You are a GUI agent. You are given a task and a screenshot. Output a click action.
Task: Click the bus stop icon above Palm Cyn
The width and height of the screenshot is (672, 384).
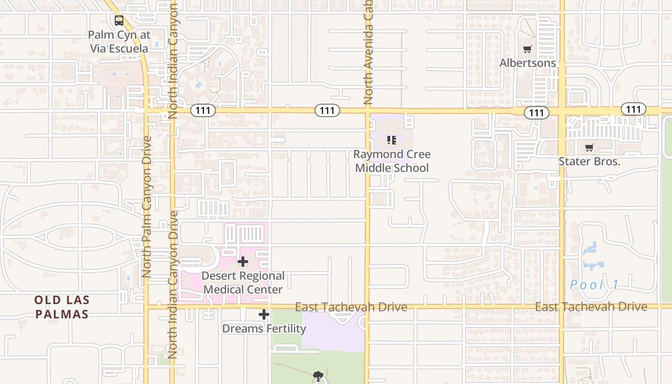point(119,21)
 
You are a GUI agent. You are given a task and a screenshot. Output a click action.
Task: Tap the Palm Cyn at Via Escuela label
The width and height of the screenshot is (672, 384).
point(119,42)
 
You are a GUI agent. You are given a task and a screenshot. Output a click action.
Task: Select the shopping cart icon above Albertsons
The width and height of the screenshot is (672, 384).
point(528,49)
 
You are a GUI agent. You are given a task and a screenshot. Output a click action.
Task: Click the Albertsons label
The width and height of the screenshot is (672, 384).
point(528,63)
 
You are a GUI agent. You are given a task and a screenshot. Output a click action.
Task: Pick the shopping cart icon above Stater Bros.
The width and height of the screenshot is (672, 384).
point(589,147)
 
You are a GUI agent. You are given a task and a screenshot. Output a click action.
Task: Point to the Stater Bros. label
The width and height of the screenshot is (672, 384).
point(589,161)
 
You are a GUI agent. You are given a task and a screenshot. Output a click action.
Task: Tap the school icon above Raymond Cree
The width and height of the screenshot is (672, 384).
point(392,140)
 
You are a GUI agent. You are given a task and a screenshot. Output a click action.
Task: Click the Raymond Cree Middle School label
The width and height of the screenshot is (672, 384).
point(392,161)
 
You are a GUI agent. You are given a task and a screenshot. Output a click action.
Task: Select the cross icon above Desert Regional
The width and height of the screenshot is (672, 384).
point(243,262)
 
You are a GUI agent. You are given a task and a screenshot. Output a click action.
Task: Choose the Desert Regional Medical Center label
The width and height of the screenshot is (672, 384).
point(243,283)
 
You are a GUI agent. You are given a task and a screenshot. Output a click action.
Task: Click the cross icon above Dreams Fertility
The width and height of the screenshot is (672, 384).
point(264,314)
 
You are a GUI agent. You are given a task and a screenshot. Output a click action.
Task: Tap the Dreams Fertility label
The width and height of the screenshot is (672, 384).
point(264,329)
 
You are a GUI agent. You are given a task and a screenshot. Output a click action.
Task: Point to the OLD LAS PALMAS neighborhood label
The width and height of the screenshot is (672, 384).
point(61,307)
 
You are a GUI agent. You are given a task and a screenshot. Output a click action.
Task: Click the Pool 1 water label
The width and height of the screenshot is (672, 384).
point(595,285)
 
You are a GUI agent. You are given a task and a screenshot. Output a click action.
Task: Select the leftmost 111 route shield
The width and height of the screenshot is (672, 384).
point(203,111)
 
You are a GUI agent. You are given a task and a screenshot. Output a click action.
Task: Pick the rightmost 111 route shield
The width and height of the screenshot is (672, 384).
point(633,109)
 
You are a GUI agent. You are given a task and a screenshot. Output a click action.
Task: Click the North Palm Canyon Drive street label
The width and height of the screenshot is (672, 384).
point(147,206)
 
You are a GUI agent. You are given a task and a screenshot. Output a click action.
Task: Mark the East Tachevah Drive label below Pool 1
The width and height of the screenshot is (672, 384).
point(591,306)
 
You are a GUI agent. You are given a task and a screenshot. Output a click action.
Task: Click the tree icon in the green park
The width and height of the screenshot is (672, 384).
point(318,376)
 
